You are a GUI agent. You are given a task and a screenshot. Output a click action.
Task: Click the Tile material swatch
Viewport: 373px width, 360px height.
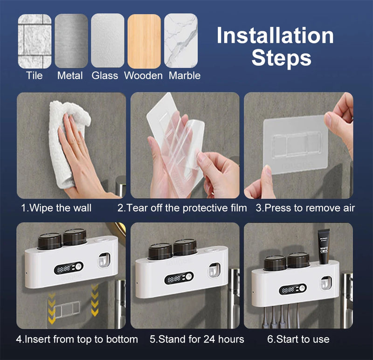34,41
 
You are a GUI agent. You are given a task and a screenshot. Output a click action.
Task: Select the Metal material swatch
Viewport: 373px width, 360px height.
71,41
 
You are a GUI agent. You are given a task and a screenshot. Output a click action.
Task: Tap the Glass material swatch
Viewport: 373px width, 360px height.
107,41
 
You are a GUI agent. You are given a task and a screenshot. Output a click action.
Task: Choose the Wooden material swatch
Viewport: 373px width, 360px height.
144,41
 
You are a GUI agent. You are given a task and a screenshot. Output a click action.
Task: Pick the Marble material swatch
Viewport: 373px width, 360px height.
180,41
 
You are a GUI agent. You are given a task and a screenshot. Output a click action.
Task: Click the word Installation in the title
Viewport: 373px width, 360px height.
275,36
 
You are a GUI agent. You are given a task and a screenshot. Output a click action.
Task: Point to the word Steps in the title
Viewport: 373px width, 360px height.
281,59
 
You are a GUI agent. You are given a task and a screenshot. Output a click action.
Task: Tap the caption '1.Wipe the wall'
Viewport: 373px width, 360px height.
56,208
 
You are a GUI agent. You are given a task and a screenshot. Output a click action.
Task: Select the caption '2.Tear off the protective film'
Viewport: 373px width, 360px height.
182,208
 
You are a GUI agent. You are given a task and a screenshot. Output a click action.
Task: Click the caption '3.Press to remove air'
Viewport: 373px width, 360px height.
305,208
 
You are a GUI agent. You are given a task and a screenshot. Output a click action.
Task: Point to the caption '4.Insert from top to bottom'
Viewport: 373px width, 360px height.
77,339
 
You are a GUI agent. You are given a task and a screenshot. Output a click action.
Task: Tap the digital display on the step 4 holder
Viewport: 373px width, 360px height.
68,268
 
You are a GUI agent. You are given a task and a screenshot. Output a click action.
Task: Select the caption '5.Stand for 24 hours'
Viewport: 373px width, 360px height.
197,339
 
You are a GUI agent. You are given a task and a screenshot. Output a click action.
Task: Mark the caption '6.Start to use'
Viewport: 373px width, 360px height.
302,339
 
